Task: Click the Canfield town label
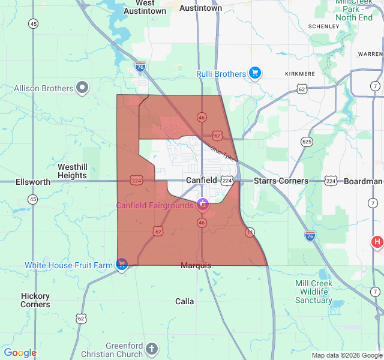[202, 180]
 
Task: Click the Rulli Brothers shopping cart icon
[255, 73]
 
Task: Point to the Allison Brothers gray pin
[83, 88]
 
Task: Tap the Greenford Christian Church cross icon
[152, 349]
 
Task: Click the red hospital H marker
[377, 242]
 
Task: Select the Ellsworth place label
[33, 182]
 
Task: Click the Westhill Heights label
[72, 171]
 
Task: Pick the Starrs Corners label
[281, 181]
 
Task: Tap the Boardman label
[363, 181]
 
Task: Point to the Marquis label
[196, 265]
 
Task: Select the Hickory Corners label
[35, 300]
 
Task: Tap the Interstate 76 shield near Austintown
[140, 66]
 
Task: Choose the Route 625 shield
[307, 142]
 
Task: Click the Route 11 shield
[250, 232]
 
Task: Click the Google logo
[20, 353]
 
